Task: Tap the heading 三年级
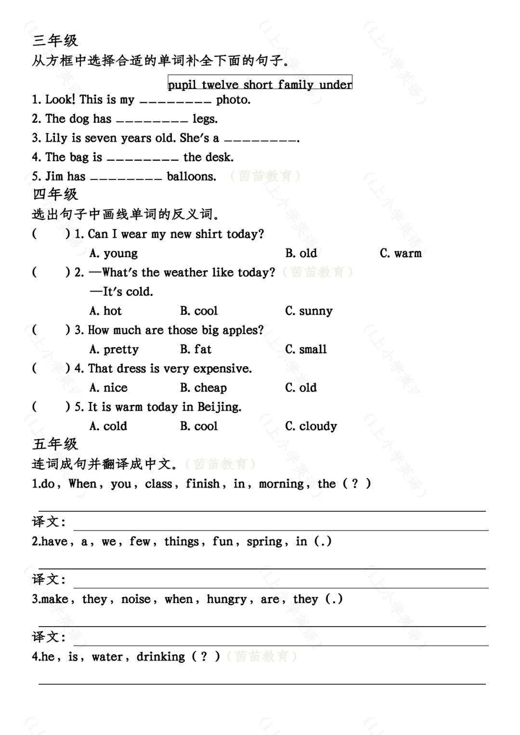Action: pyautogui.click(x=55, y=40)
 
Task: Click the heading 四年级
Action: pyautogui.click(x=55, y=194)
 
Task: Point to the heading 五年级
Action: pyautogui.click(x=55, y=444)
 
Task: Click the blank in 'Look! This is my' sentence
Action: pyautogui.click(x=175, y=101)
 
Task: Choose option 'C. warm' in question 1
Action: pyautogui.click(x=400, y=253)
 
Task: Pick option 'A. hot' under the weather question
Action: pyautogui.click(x=105, y=311)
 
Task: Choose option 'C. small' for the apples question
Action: pyautogui.click(x=306, y=349)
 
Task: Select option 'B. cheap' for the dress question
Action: pyautogui.click(x=203, y=388)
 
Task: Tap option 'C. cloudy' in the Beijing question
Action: pyautogui.click(x=311, y=426)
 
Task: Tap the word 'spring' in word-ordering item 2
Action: pyautogui.click(x=264, y=542)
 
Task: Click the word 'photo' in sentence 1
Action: pyautogui.click(x=233, y=100)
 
